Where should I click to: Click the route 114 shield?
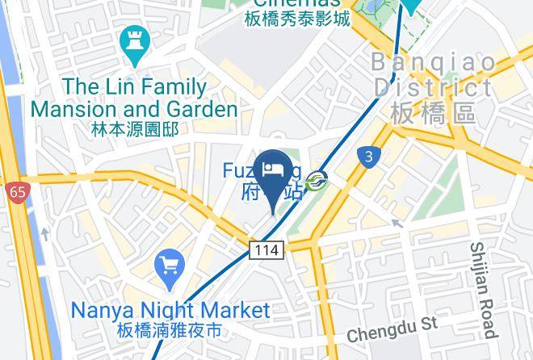[x=266, y=250]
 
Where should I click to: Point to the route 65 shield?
[x=15, y=192]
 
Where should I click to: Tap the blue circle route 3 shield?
[x=368, y=157]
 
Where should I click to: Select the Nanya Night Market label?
[x=170, y=310]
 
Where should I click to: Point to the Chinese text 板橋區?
[x=432, y=114]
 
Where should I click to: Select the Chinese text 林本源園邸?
[x=134, y=128]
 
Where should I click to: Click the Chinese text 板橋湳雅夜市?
[x=167, y=331]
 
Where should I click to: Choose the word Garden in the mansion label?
[x=199, y=108]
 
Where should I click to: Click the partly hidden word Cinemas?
[x=298, y=3]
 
